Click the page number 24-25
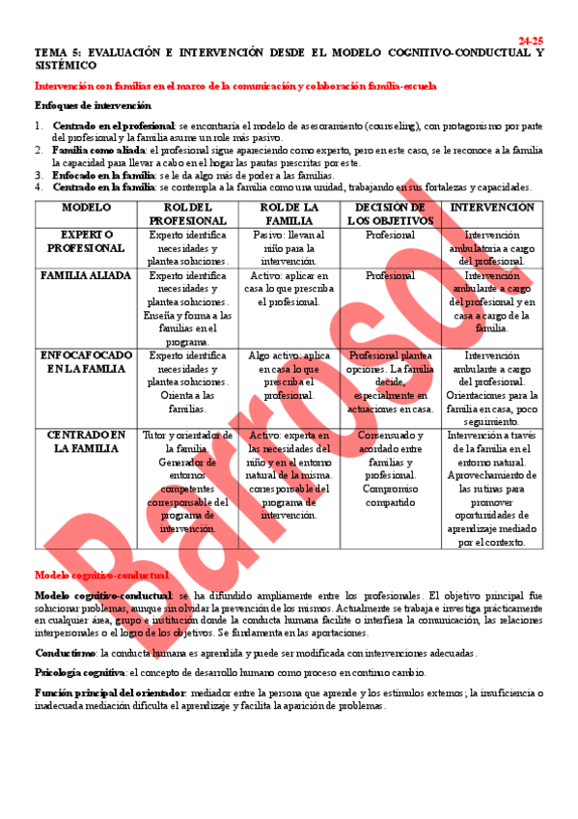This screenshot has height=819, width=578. pyautogui.click(x=531, y=41)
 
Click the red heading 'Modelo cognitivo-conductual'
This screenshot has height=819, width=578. pyautogui.click(x=89, y=575)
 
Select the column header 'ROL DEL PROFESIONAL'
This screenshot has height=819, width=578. pyautogui.click(x=188, y=214)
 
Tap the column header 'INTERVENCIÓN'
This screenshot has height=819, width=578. pyautogui.click(x=492, y=208)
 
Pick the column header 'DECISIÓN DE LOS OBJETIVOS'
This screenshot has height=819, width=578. pyautogui.click(x=389, y=214)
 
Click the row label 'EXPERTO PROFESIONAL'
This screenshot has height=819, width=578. pyautogui.click(x=87, y=241)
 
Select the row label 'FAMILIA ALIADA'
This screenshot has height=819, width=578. pyautogui.click(x=87, y=275)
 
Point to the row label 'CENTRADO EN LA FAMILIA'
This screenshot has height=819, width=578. pyautogui.click(x=87, y=441)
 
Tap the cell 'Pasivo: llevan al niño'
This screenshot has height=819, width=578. pyautogui.click(x=289, y=248)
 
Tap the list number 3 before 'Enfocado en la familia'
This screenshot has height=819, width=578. pyautogui.click(x=39, y=175)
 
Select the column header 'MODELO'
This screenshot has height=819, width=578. pyautogui.click(x=87, y=208)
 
